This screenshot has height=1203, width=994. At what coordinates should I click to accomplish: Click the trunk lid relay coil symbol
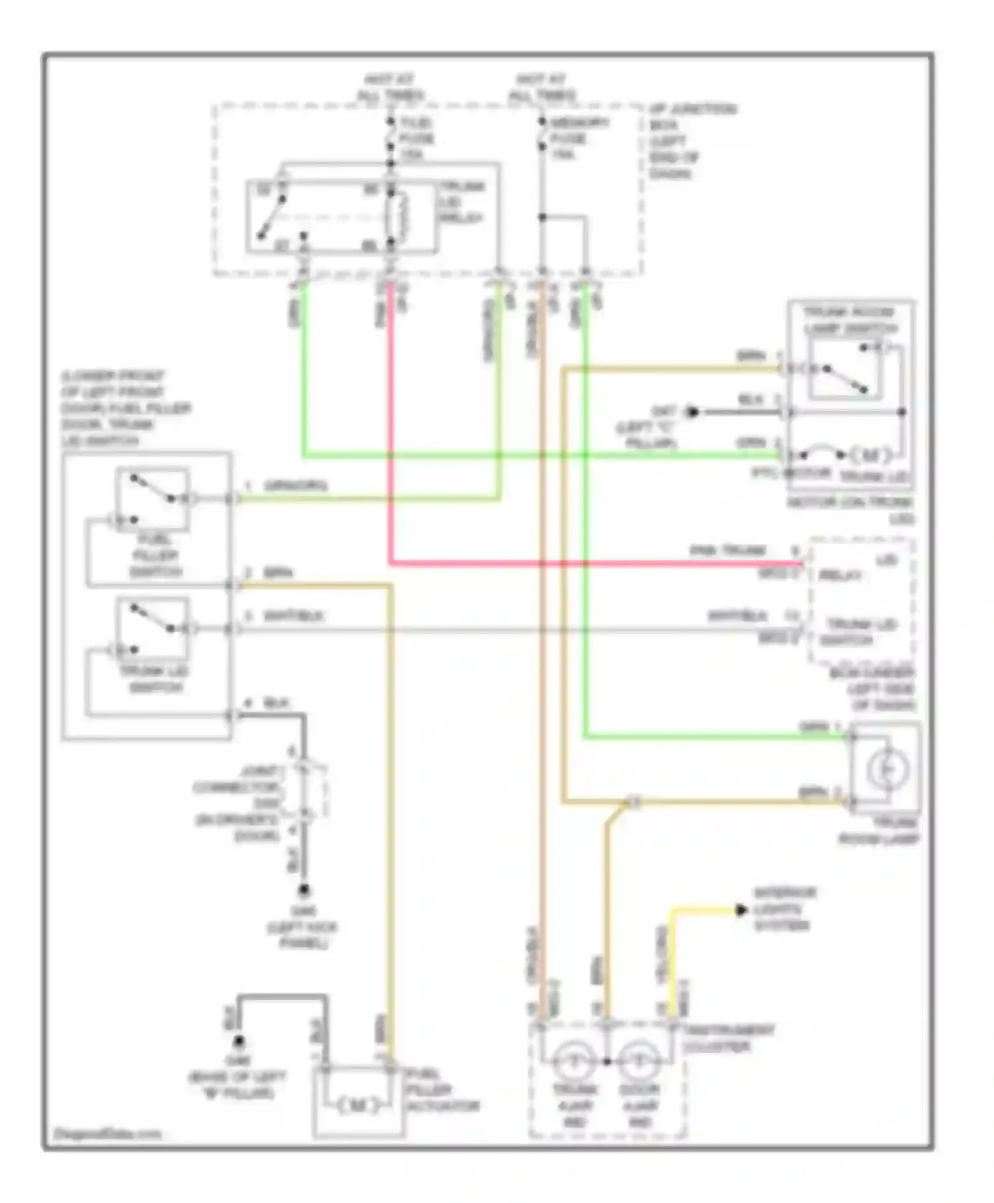pyautogui.click(x=399, y=217)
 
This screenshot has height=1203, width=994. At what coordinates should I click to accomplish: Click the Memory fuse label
pyautogui.click(x=568, y=139)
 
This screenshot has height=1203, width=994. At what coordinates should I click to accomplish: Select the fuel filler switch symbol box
pyautogui.click(x=152, y=499)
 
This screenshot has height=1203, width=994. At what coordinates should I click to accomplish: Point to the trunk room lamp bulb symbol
pyautogui.click(x=887, y=769)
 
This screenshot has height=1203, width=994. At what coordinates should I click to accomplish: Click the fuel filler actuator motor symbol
pyautogui.click(x=359, y=1105)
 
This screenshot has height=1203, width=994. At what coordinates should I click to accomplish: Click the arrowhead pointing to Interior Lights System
pyautogui.click(x=741, y=911)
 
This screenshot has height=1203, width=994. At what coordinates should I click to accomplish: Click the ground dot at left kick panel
pyautogui.click(x=304, y=889)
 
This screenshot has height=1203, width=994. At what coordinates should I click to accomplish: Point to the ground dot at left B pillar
pyautogui.click(x=240, y=1042)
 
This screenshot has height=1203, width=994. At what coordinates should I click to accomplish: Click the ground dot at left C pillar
pyautogui.click(x=692, y=412)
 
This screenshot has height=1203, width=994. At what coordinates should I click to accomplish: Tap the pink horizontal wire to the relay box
pyautogui.click(x=596, y=564)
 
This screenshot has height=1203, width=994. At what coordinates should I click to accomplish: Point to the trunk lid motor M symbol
pyautogui.click(x=869, y=456)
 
